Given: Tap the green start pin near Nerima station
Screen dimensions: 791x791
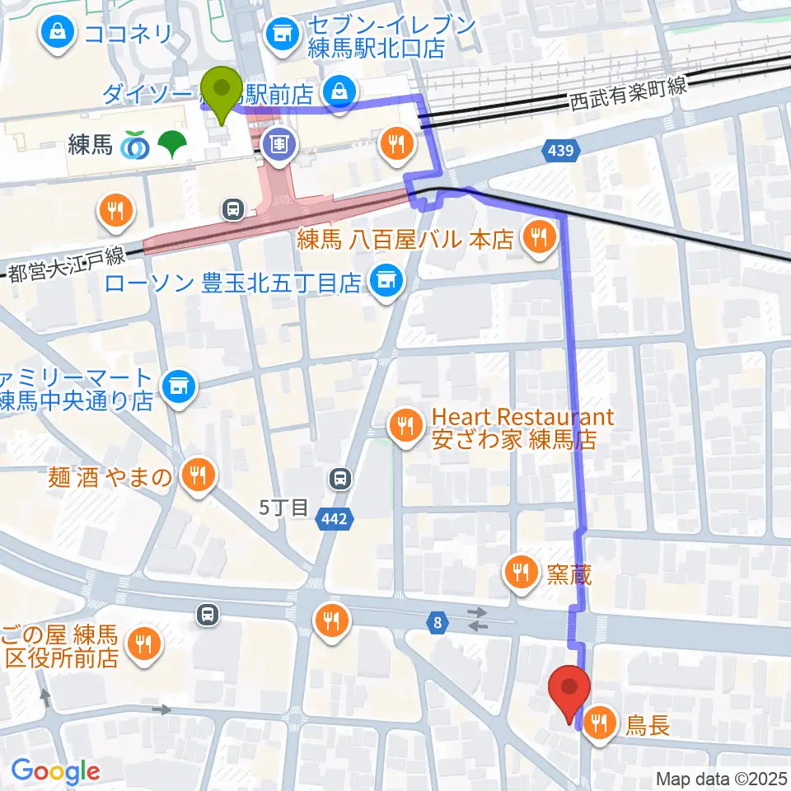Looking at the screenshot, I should pos(222,92).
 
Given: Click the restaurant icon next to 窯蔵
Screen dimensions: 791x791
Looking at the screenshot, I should pos(522,570).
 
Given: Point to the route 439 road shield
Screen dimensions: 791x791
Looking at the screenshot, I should pos(562,150).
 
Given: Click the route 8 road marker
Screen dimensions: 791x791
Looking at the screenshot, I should pos(438,624).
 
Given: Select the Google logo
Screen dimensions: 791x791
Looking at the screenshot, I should pos(55,771).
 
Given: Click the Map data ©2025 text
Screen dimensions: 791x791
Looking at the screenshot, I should pos(720,778).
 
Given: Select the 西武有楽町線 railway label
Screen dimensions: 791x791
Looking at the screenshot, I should pos(627,102).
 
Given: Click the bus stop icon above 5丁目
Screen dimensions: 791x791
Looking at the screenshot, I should pos(339,478).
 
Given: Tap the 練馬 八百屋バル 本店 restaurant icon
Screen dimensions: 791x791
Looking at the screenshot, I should pos(540,238).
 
